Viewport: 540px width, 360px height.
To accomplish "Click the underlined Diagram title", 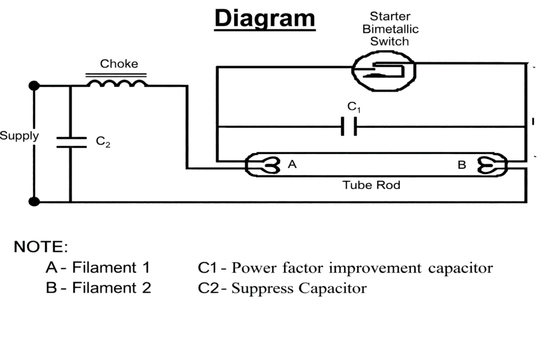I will point(265,18).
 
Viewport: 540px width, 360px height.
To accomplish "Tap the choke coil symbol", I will point(117,84).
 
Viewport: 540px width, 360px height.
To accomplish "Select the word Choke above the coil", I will point(119,64).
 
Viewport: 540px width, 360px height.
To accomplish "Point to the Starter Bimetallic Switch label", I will point(390,29).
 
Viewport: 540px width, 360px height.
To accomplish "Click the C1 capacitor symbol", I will point(348,127).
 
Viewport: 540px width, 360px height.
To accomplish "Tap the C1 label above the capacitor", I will point(354,107).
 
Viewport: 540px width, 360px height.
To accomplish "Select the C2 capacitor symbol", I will point(70,142).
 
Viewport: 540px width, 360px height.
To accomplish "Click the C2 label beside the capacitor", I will point(103,142).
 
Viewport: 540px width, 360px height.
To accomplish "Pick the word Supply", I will point(19,135).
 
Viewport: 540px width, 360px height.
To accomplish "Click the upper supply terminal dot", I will point(34,85).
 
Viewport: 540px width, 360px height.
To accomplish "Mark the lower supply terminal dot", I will point(34,201).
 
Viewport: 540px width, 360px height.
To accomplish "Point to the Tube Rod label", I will point(371,185).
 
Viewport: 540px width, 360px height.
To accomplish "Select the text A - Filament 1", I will point(98,268).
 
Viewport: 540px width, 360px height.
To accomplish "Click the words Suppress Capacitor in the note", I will point(299,288).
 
